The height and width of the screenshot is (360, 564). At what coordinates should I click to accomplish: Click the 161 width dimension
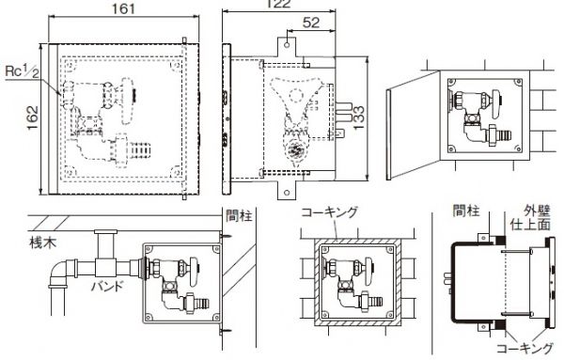click(x=123, y=8)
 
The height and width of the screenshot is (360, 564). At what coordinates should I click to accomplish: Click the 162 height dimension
click(x=32, y=117)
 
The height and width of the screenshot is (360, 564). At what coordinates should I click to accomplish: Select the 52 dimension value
click(x=311, y=23)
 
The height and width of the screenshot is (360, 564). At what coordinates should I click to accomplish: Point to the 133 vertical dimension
click(x=358, y=117)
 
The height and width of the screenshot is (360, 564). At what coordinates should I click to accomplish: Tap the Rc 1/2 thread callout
click(x=22, y=71)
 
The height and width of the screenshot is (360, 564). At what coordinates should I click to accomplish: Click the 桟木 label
click(x=43, y=243)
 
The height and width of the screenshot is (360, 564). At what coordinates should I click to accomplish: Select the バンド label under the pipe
click(x=107, y=287)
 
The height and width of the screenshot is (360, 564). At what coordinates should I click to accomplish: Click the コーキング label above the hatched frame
click(x=330, y=211)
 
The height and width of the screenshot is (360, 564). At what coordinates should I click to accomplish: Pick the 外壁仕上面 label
click(x=532, y=217)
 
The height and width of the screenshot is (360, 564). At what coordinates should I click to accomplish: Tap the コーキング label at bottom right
click(x=525, y=349)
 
